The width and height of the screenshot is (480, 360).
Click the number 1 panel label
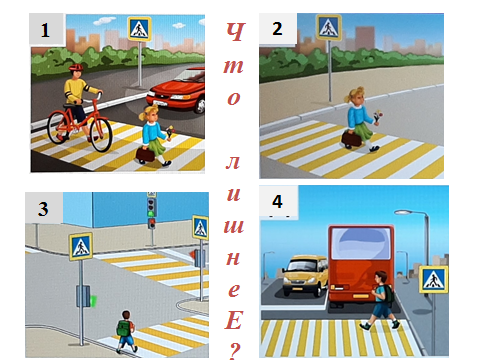[x=45, y=30]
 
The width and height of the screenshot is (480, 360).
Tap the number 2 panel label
[x=277, y=29]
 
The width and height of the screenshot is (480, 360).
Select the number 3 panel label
[x=43, y=209]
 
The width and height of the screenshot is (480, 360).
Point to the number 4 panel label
[x=277, y=201]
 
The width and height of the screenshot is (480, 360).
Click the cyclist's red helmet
[x=76, y=67]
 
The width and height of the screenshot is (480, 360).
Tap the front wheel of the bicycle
[x=101, y=135]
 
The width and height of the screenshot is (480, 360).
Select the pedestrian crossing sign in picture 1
[x=139, y=29]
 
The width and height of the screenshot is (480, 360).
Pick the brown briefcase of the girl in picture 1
[x=145, y=154]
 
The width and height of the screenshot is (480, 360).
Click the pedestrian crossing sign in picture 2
[x=329, y=27]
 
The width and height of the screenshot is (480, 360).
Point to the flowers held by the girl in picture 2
[x=377, y=117]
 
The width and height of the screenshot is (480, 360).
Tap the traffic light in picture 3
[x=151, y=211]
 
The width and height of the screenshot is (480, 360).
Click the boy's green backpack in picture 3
[x=124, y=328]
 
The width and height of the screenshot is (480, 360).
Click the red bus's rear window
[x=361, y=244]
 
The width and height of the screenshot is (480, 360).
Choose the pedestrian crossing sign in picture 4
[x=433, y=279]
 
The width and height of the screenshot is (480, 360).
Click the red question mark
[x=235, y=350]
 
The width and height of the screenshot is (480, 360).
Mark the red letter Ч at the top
[x=236, y=32]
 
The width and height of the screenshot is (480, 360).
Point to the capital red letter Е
[x=234, y=320]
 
